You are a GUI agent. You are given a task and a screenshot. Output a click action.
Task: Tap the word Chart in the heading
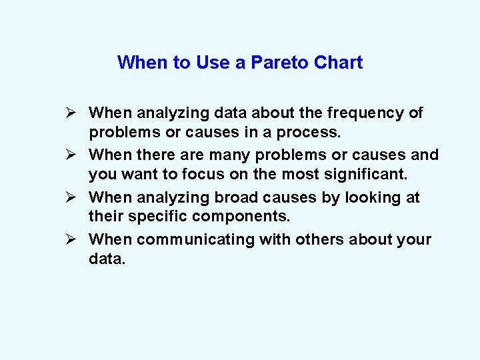point(337,63)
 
